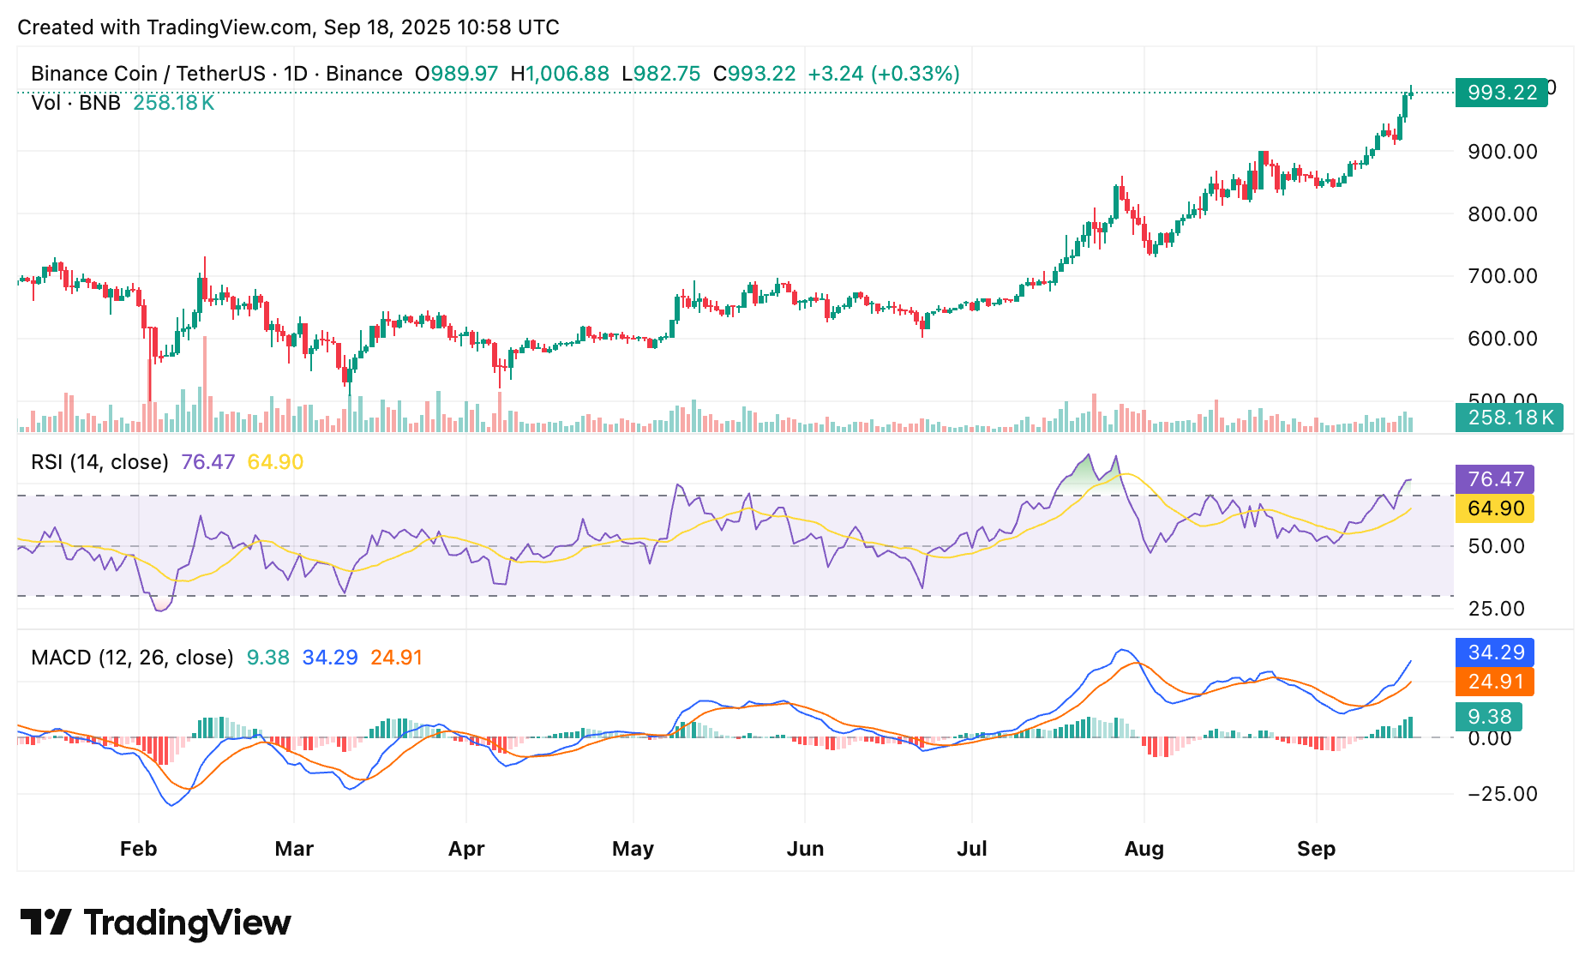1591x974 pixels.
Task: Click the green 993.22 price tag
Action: click(1501, 92)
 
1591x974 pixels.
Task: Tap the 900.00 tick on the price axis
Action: click(1502, 152)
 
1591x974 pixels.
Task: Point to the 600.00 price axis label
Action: click(1502, 339)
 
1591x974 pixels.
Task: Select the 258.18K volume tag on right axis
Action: click(1509, 418)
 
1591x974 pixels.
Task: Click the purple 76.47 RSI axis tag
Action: click(1495, 479)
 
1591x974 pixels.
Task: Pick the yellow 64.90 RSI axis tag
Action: click(1495, 508)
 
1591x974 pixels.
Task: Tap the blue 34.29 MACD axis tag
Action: click(1495, 652)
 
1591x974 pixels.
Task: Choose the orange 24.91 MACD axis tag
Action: click(1495, 682)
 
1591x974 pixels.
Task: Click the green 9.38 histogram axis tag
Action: click(1489, 717)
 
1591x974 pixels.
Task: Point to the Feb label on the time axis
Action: click(138, 849)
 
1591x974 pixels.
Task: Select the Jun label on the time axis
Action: click(805, 849)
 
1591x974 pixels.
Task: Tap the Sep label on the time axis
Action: click(1316, 849)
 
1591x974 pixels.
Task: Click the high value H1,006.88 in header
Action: click(560, 74)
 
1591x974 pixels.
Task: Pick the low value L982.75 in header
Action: click(661, 74)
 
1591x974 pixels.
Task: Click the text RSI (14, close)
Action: click(99, 462)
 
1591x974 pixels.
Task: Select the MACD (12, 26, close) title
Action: click(132, 658)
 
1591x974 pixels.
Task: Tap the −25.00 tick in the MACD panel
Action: click(1502, 794)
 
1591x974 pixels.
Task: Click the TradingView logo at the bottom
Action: click(155, 923)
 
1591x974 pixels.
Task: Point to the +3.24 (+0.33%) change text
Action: click(883, 74)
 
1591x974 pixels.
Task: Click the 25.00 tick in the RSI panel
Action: click(1496, 609)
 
